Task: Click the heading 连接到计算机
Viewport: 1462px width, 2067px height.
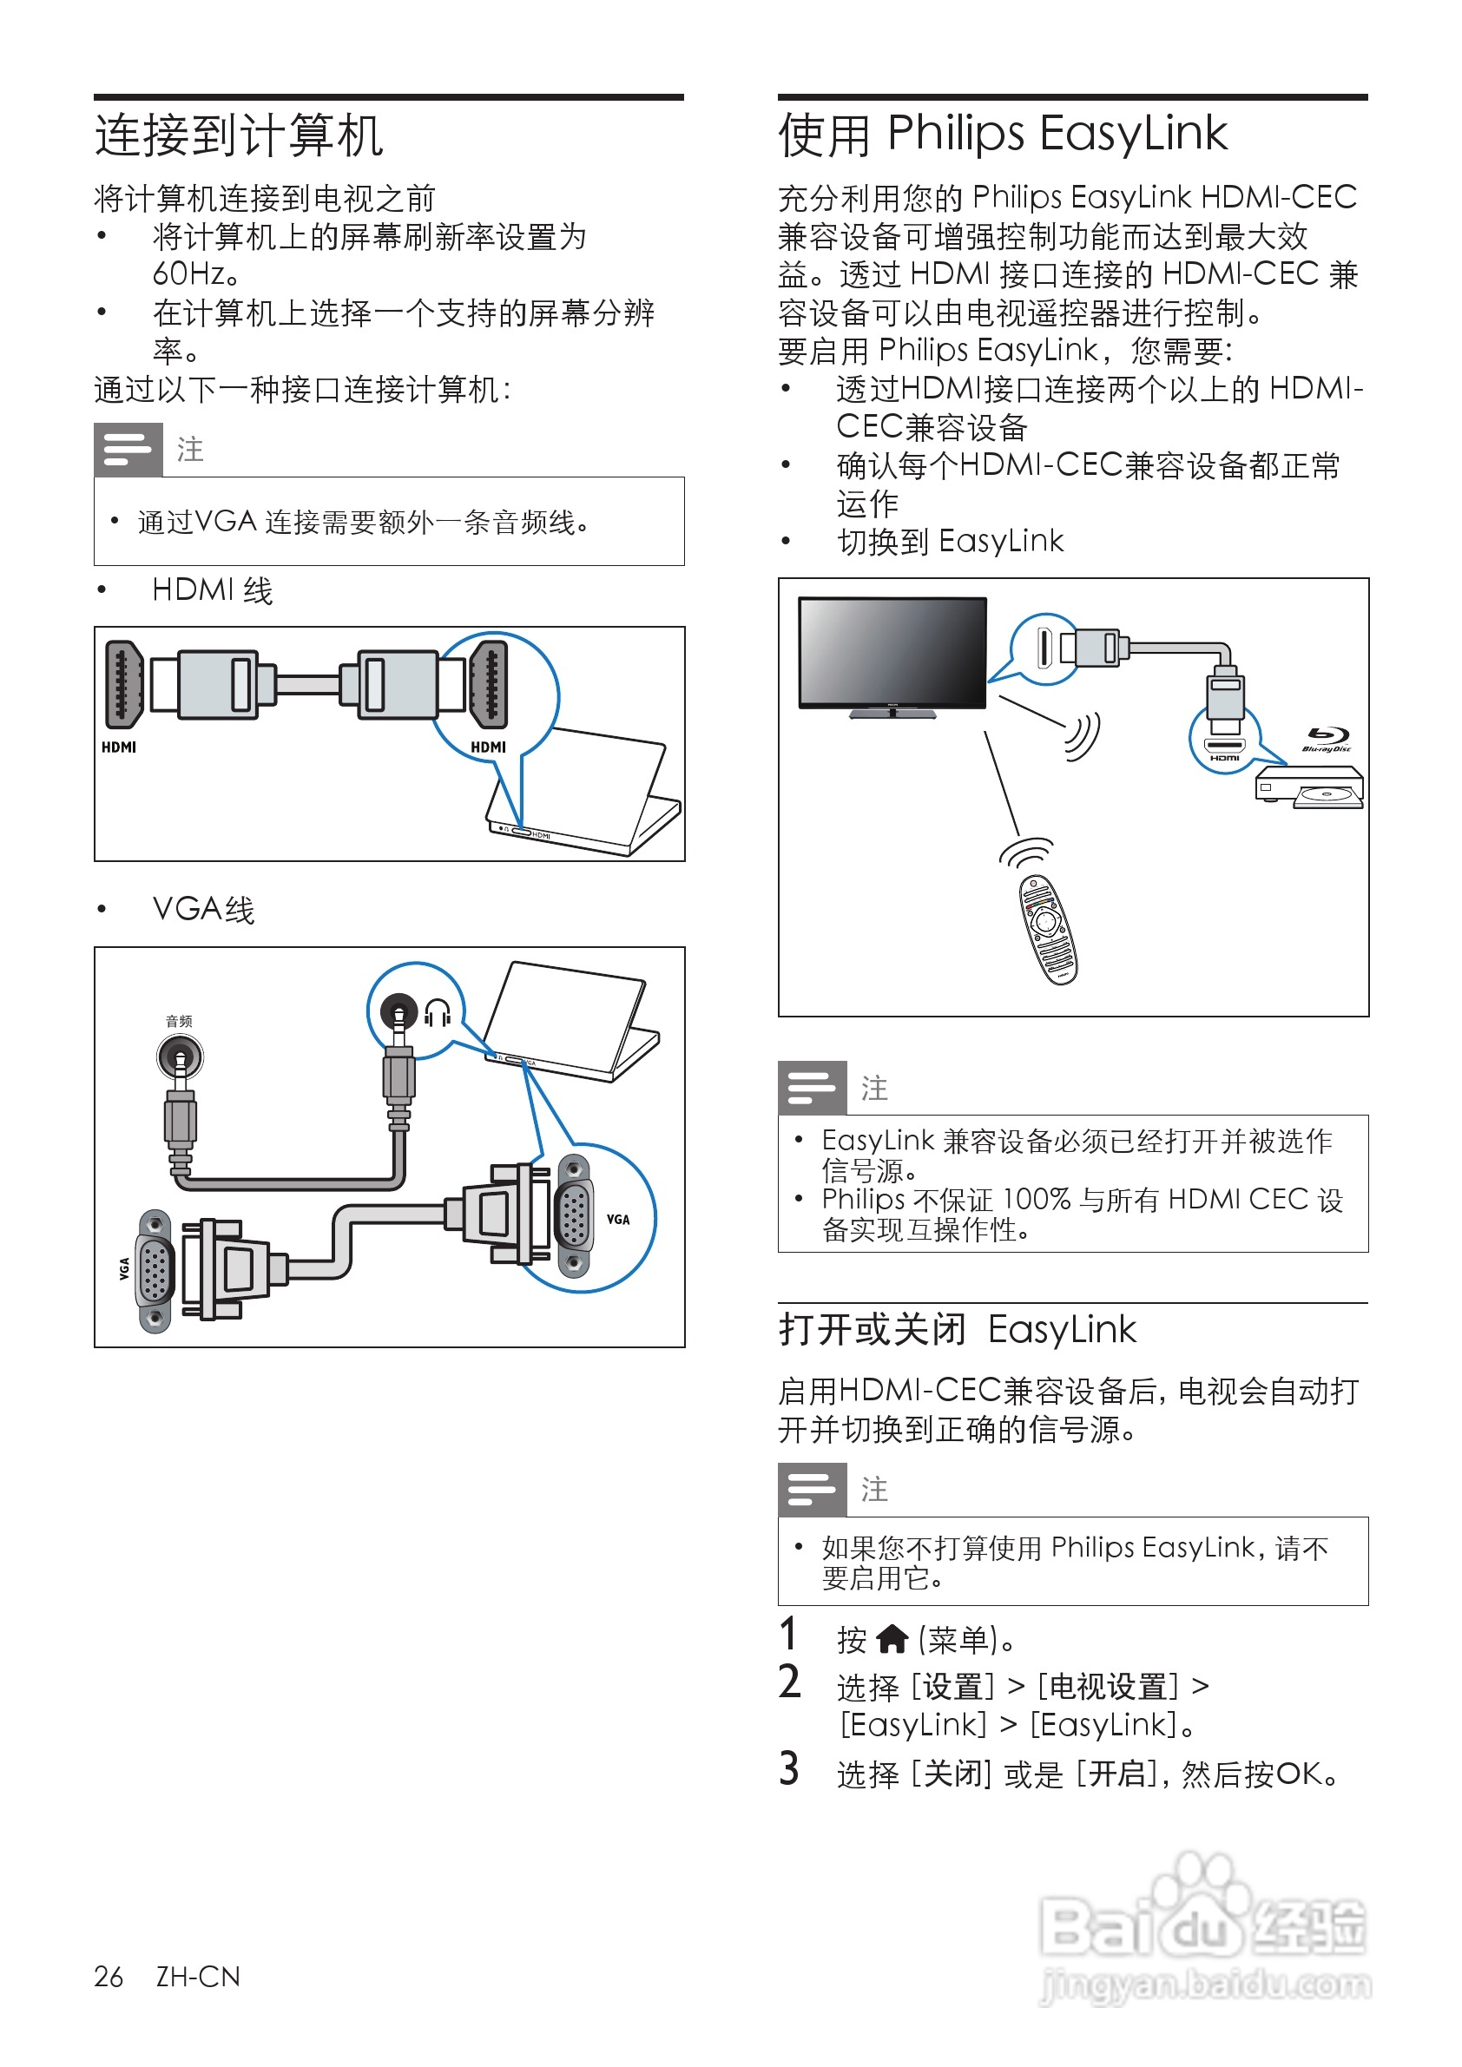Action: (x=239, y=136)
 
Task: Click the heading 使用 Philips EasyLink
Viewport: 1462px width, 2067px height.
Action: (x=1001, y=135)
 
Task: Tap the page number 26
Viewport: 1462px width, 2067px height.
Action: (x=108, y=1976)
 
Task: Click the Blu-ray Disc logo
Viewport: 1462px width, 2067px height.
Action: (x=1326, y=738)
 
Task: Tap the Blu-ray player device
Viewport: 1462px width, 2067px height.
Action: (x=1309, y=785)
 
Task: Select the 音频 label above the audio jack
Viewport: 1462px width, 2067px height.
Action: (x=178, y=1021)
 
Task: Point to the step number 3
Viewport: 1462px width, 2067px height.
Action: (x=789, y=1768)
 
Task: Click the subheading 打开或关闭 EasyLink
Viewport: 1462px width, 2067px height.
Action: (x=957, y=1330)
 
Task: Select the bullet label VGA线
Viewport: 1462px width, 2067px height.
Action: (x=203, y=909)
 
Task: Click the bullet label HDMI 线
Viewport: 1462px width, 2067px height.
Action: (x=212, y=590)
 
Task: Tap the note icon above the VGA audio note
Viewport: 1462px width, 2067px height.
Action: (x=128, y=449)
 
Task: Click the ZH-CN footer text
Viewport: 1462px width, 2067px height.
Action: (x=198, y=1976)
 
